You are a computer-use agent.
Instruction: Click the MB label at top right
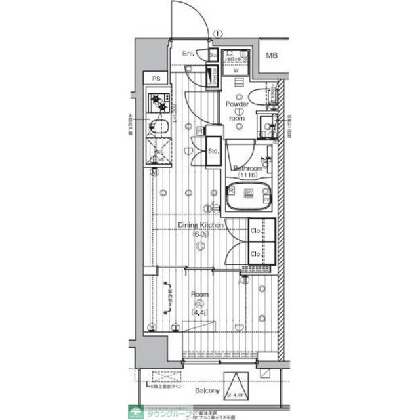pyautogui.click(x=271, y=55)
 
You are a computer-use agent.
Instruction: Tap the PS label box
pyautogui.click(x=156, y=79)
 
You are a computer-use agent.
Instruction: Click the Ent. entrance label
pyautogui.click(x=189, y=54)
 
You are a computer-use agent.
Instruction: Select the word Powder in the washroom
pyautogui.click(x=236, y=104)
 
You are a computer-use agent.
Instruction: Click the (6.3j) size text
pyautogui.click(x=201, y=234)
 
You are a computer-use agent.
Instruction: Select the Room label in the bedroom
pyautogui.click(x=199, y=295)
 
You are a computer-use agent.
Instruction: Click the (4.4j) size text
pyautogui.click(x=199, y=312)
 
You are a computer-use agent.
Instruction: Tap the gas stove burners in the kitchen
pyautogui.click(x=158, y=102)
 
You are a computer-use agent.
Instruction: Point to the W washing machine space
pyautogui.click(x=235, y=70)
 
